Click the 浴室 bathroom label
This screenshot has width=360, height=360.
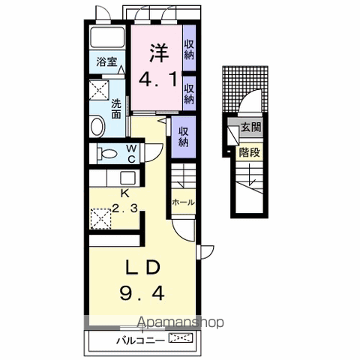click(106, 61)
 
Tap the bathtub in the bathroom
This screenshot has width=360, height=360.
click(107, 37)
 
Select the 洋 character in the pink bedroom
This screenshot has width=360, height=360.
click(159, 53)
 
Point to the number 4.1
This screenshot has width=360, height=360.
click(158, 79)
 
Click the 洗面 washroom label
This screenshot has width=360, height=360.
click(116, 109)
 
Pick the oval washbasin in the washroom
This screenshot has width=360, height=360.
click(97, 126)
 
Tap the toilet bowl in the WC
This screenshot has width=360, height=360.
click(107, 153)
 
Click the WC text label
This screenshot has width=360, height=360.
click(131, 154)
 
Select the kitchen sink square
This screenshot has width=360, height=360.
click(127, 178)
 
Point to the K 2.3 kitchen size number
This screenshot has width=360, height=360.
click(124, 208)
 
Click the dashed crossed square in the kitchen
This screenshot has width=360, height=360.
click(100, 219)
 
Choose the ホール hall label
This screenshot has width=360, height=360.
click(183, 202)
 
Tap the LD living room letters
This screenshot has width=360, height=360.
click(142, 268)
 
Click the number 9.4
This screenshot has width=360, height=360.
click(142, 293)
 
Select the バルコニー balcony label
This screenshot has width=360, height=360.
click(141, 340)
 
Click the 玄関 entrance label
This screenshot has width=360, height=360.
click(251, 127)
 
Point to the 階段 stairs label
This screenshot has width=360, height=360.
click(250, 152)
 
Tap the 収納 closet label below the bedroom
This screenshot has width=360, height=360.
click(183, 137)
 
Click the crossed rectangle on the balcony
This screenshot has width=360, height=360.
click(181, 337)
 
